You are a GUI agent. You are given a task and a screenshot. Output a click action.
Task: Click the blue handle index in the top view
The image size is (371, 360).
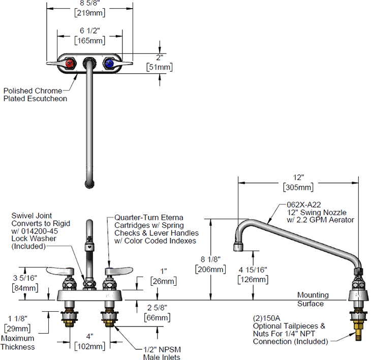109,63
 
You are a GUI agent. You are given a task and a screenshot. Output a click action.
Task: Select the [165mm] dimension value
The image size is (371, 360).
89,40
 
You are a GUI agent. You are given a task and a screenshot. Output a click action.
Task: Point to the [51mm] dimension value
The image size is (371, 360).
159,66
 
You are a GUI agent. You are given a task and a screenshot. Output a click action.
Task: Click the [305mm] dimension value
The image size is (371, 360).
299,188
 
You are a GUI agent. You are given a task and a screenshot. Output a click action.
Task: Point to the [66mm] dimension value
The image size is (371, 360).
158,318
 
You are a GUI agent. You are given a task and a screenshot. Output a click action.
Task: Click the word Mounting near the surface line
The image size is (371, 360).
313,295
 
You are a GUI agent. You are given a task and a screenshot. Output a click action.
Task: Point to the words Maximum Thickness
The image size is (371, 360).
18,342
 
